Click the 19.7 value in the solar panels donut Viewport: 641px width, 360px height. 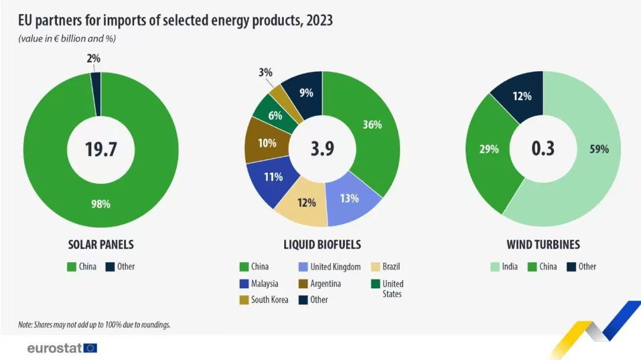[x=100, y=149]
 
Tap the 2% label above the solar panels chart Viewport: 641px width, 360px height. [x=93, y=59]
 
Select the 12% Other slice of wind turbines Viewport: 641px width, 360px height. [x=522, y=96]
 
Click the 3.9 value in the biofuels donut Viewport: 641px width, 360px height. [x=322, y=149]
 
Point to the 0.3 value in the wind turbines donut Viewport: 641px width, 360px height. [x=542, y=149]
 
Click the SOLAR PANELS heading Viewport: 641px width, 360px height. [x=100, y=244]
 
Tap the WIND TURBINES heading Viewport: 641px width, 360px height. [x=543, y=244]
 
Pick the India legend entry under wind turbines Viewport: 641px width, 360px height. [x=504, y=266]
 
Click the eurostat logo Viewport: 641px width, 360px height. [x=62, y=348]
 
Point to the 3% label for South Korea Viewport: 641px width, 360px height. [x=265, y=73]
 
